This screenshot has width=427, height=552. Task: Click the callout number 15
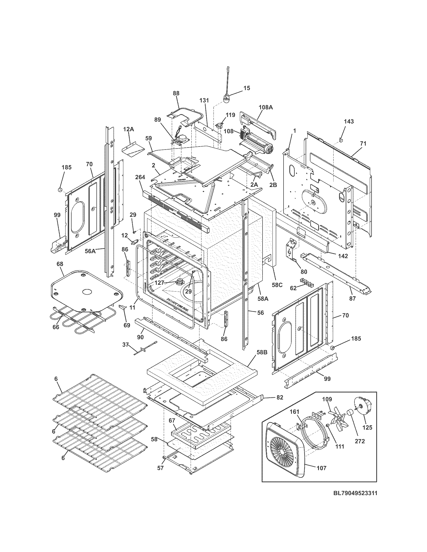(x=247, y=88)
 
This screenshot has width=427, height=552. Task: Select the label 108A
(x=265, y=107)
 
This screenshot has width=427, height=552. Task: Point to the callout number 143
(x=349, y=122)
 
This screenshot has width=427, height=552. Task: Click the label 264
(x=140, y=177)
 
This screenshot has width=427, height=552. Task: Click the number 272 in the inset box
(x=360, y=441)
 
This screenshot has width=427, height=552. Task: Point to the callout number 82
(x=280, y=398)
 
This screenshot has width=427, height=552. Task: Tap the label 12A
(x=129, y=129)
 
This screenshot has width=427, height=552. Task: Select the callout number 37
(x=126, y=344)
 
